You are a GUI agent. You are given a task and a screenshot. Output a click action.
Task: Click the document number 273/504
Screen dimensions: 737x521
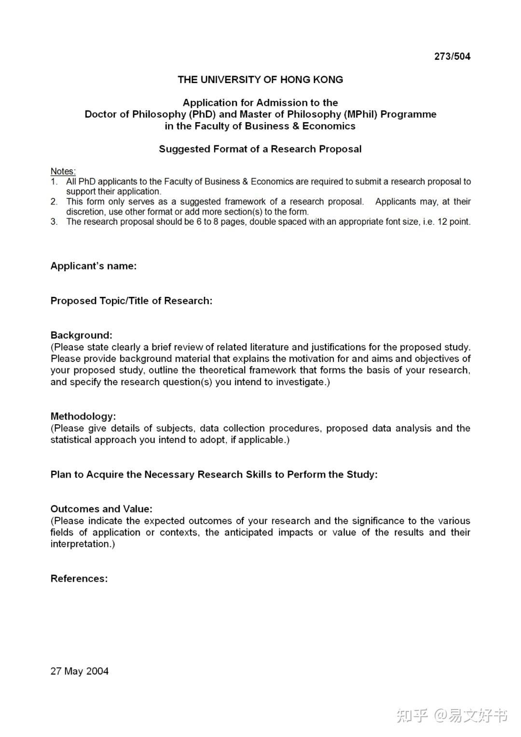[452, 56]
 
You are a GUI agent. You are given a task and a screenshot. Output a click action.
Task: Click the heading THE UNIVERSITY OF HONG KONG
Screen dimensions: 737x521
[260, 80]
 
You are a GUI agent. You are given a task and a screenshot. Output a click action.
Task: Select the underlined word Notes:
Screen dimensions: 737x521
[63, 171]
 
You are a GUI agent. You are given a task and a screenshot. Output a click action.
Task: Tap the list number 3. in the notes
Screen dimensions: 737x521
[54, 222]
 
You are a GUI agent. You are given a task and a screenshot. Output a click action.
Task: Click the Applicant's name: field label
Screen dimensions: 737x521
[93, 266]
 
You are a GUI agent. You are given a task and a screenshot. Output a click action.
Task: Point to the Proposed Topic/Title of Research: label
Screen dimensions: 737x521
[131, 301]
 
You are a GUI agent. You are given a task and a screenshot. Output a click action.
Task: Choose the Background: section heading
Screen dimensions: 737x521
[81, 335]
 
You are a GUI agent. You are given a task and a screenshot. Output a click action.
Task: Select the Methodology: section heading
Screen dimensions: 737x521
[83, 417]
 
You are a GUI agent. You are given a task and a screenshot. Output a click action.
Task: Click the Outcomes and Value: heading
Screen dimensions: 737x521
[101, 509]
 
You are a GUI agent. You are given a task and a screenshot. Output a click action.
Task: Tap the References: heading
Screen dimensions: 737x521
[79, 579]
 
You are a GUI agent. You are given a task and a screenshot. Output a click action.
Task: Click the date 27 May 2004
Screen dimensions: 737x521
[80, 671]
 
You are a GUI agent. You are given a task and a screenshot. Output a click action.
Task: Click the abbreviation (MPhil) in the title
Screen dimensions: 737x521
[361, 114]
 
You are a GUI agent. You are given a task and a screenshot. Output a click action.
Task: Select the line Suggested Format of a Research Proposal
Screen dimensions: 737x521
[260, 149]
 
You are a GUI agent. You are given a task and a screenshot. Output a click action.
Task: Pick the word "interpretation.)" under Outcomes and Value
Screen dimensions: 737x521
[82, 544]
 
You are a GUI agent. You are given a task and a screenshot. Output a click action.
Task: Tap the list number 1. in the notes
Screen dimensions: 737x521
[54, 182]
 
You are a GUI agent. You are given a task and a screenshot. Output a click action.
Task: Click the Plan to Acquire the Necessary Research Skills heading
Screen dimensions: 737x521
[214, 474]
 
